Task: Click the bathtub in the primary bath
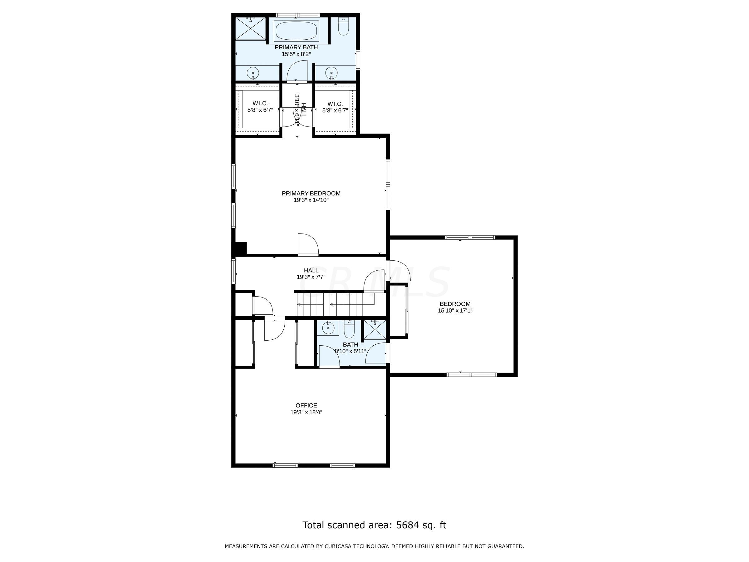pyautogui.click(x=296, y=31)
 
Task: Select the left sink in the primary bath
pyautogui.click(x=252, y=73)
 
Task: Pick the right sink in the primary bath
pyautogui.click(x=331, y=72)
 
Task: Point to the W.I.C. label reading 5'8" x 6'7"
pyautogui.click(x=260, y=106)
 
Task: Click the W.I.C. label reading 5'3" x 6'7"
pyautogui.click(x=335, y=107)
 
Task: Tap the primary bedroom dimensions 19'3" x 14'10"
pyautogui.click(x=311, y=200)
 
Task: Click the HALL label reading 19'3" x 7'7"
pyautogui.click(x=311, y=274)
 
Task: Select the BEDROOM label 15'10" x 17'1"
pyautogui.click(x=455, y=307)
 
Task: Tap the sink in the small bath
pyautogui.click(x=328, y=328)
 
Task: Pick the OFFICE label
pyautogui.click(x=306, y=406)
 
